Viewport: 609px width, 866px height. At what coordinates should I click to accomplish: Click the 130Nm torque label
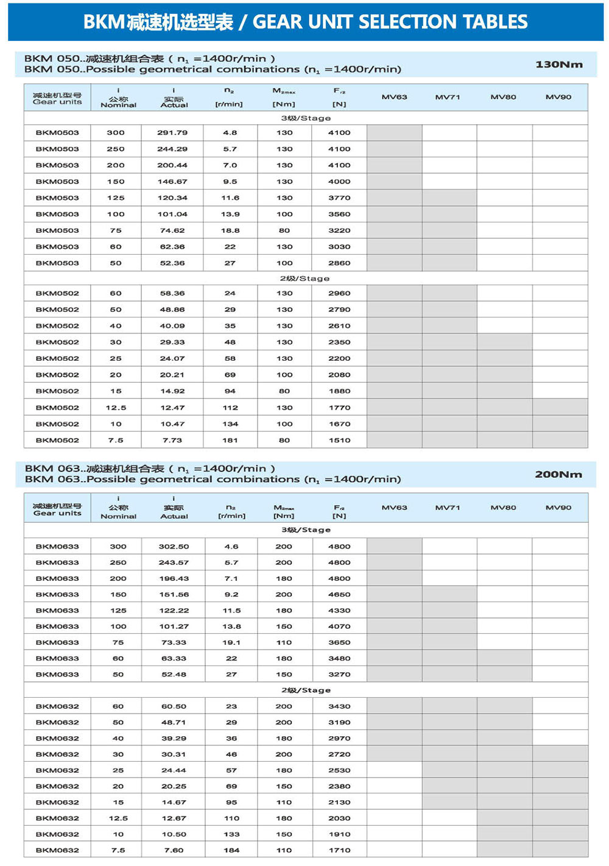click(x=558, y=64)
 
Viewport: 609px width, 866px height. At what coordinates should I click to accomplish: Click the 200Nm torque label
click(x=558, y=474)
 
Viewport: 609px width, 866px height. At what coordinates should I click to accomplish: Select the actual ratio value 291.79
click(x=172, y=132)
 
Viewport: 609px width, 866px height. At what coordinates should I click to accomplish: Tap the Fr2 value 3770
click(x=339, y=197)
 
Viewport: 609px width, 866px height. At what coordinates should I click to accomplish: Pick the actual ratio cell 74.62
click(x=172, y=230)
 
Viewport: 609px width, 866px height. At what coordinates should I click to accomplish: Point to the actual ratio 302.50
click(x=174, y=547)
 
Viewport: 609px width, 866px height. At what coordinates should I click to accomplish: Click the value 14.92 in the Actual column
click(x=172, y=391)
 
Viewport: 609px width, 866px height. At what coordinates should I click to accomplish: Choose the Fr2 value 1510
click(x=339, y=440)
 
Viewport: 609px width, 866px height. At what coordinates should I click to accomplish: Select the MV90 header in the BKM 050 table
click(x=558, y=97)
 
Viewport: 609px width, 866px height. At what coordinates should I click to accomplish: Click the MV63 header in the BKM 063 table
click(x=394, y=508)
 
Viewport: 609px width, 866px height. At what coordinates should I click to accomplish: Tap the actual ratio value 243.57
click(x=174, y=563)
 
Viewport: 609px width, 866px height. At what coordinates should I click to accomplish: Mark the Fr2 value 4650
click(x=339, y=594)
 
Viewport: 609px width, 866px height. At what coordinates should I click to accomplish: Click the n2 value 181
click(x=230, y=440)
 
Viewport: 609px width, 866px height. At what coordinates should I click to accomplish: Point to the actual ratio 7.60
click(x=174, y=850)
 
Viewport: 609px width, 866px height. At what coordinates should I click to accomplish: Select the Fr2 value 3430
click(x=339, y=706)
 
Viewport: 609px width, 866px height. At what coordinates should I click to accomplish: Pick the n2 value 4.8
click(x=230, y=132)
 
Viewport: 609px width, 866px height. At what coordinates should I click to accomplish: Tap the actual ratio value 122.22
click(x=174, y=611)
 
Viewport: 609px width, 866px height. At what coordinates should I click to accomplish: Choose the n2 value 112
click(x=230, y=408)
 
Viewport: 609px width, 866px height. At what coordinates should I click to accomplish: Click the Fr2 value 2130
click(x=339, y=802)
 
